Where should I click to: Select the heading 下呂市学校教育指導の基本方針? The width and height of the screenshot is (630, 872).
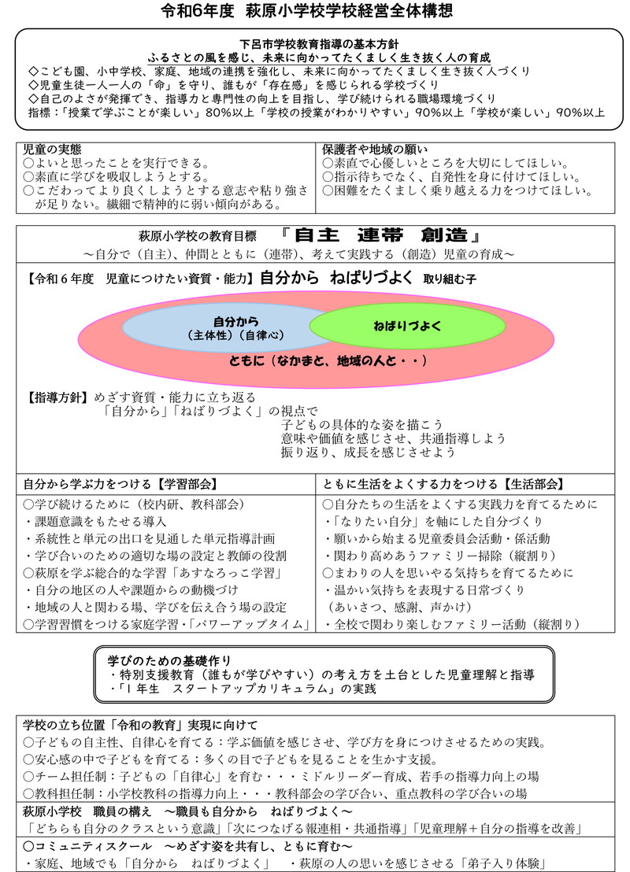[314, 45]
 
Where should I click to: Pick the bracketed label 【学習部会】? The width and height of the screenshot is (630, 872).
[187, 483]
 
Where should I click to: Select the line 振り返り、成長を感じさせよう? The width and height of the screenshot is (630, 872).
[368, 453]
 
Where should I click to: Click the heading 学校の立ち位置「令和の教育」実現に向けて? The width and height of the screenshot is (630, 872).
[142, 725]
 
